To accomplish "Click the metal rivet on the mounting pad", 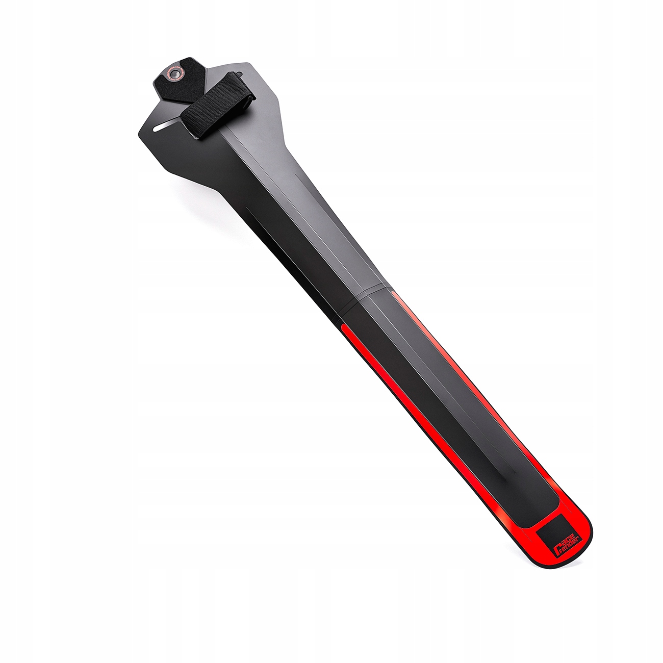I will pos(175,74).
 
